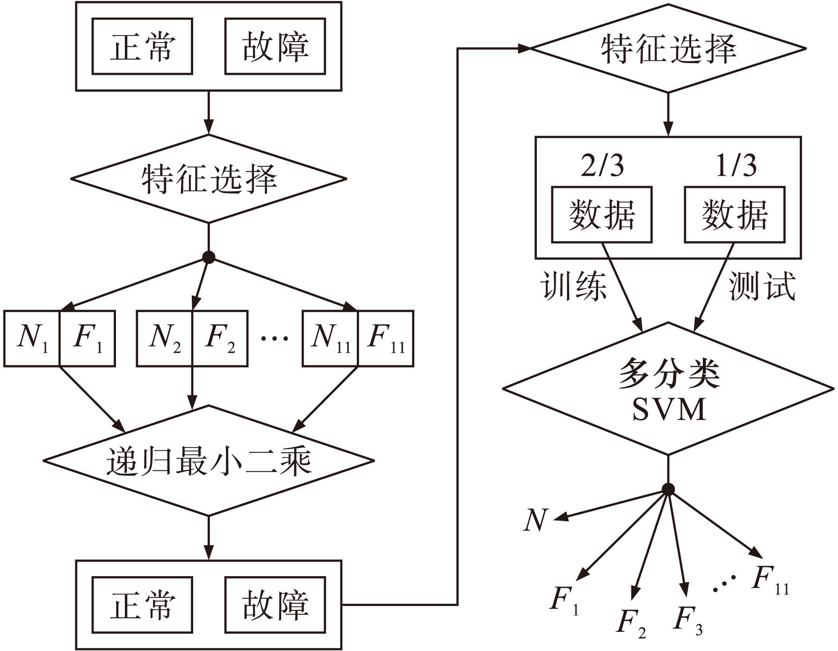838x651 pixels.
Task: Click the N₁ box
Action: pyautogui.click(x=32, y=338)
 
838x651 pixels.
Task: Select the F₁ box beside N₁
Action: pyautogui.click(x=87, y=338)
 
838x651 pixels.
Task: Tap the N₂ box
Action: pyautogui.click(x=165, y=338)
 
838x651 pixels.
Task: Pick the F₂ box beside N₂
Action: pyautogui.click(x=220, y=338)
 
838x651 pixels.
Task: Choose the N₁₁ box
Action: pyautogui.click(x=330, y=338)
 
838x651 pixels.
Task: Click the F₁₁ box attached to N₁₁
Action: pyautogui.click(x=386, y=338)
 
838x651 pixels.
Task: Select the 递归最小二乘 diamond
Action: pyautogui.click(x=209, y=461)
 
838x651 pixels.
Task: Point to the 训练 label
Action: pyautogui.click(x=574, y=286)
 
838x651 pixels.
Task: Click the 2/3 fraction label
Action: pyautogui.click(x=602, y=166)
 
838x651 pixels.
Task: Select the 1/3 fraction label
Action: pyautogui.click(x=736, y=166)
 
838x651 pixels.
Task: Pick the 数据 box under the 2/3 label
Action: pyautogui.click(x=602, y=215)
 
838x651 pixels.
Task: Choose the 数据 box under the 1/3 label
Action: pyautogui.click(x=735, y=215)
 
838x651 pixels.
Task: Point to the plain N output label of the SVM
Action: pyautogui.click(x=535, y=520)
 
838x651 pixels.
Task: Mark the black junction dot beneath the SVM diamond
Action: pyautogui.click(x=668, y=490)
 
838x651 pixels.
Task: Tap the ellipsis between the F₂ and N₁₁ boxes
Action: pyautogui.click(x=275, y=339)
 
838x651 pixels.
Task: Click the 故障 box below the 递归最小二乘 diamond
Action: pyautogui.click(x=275, y=605)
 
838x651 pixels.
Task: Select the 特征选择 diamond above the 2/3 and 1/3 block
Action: pyautogui.click(x=668, y=48)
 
